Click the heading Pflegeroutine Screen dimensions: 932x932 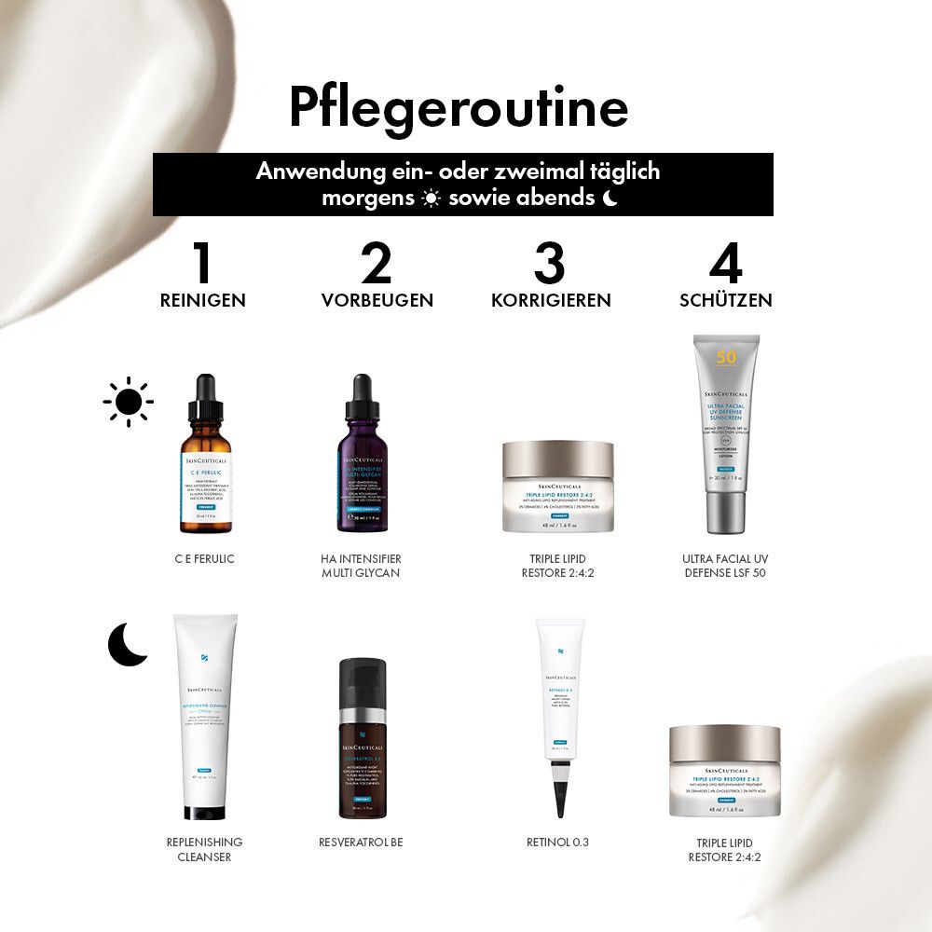pos(459,109)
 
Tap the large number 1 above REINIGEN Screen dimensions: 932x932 pos(202,263)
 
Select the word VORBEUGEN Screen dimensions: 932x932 pos(377,300)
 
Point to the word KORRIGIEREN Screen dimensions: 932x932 pos(551,300)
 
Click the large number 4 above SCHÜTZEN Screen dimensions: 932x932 pos(725,263)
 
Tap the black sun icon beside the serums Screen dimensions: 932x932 pos(129,402)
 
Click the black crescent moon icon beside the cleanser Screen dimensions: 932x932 pos(127,645)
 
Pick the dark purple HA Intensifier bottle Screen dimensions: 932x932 pos(362,466)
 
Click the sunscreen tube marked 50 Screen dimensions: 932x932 pos(725,433)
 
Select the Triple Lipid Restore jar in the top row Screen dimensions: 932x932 pos(558,487)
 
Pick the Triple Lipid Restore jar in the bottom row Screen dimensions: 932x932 pos(724,770)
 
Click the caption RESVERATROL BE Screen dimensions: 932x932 pos(361,843)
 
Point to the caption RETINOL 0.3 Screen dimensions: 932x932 pos(557,843)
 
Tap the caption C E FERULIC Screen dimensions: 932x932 pos(204,558)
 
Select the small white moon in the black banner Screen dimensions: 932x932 pos(610,198)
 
